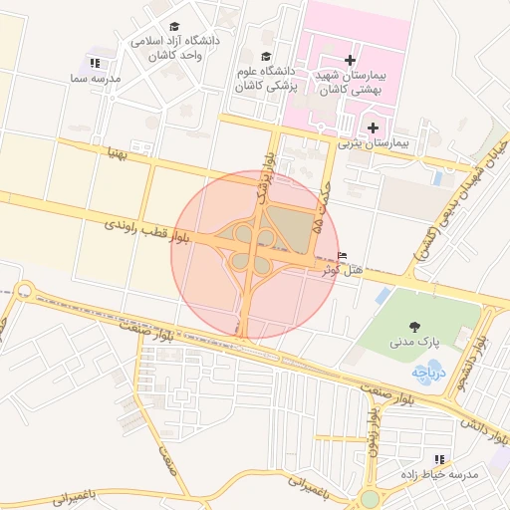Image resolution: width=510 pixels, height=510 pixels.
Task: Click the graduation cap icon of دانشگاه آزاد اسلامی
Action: click(x=175, y=27)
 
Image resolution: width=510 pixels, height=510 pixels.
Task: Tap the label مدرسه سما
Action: click(x=96, y=77)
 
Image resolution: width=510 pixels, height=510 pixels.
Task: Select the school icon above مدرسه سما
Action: click(x=96, y=63)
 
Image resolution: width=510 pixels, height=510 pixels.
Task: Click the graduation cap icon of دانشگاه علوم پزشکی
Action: click(x=265, y=57)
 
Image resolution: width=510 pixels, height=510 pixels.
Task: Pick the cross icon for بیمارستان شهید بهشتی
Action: click(x=350, y=60)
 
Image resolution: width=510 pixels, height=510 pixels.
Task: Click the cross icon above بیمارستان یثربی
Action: click(x=374, y=127)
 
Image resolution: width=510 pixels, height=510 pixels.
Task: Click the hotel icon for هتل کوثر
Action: click(x=344, y=255)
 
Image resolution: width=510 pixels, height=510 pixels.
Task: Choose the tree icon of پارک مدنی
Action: click(x=413, y=326)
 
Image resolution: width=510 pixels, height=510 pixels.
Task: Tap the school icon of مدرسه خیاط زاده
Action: click(x=439, y=458)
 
